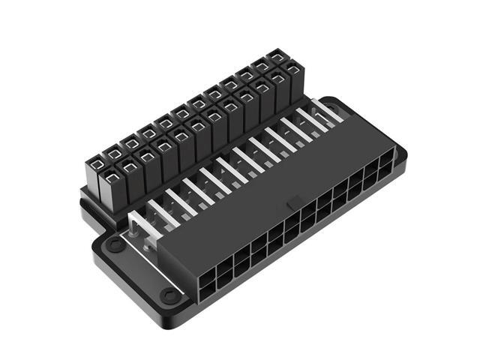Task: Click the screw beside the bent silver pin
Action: pos(114,245)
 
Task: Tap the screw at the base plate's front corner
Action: pos(171,296)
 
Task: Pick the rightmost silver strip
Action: pos(328,110)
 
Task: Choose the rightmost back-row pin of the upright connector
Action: pos(277,57)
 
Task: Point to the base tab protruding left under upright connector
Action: pos(91,217)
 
